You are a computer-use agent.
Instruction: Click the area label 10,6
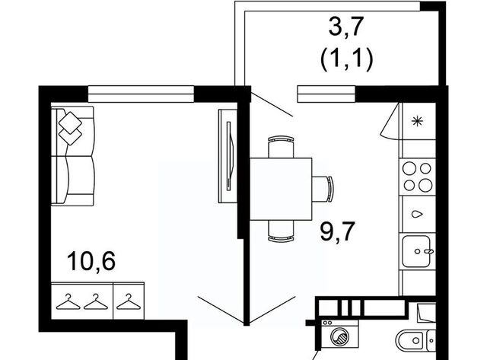pos(91,262)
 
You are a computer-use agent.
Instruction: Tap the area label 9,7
pos(337,231)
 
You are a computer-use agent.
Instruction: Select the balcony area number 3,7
pos(346,27)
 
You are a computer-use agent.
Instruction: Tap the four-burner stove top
pos(417,177)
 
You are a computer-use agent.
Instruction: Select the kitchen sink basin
pos(417,251)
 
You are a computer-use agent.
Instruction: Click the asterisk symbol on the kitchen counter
pos(416,121)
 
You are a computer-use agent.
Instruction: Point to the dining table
pos(281,189)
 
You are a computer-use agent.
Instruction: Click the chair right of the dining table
pos(323,189)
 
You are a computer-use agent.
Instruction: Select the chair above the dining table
pos(281,147)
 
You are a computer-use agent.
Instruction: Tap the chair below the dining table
pos(281,231)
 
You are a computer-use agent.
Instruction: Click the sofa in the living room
pos(72,156)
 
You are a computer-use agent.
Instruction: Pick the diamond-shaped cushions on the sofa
pos(70,128)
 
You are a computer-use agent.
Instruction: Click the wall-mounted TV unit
pos(228,156)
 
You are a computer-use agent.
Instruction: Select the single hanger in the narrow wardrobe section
pos(129,301)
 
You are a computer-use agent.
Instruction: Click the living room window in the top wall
pos(141,94)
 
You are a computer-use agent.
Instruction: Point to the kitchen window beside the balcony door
pos(326,94)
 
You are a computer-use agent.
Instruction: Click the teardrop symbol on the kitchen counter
pos(417,214)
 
